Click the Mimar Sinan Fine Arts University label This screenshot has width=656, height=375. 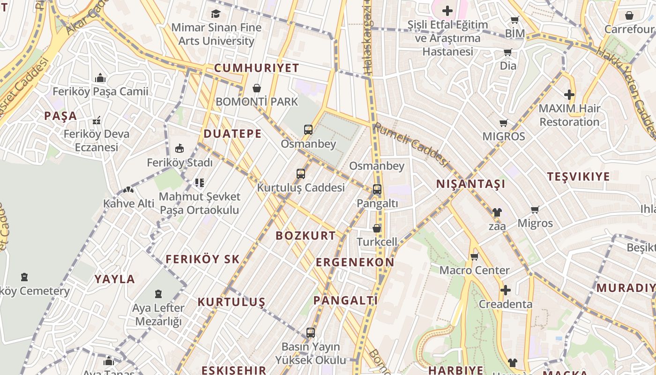(216, 34)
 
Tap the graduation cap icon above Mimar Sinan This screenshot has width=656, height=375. (216, 14)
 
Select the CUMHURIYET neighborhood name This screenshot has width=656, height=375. (256, 68)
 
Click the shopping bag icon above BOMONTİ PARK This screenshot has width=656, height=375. (257, 88)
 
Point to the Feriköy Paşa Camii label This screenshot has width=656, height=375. (100, 91)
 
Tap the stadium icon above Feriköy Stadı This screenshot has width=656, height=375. (179, 149)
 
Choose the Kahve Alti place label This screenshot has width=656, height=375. (128, 203)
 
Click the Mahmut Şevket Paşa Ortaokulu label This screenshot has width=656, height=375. (200, 203)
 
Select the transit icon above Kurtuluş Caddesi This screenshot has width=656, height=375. (301, 174)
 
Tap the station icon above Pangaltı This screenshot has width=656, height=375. (377, 189)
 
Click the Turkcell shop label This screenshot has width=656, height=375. (377, 242)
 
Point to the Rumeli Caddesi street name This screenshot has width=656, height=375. (411, 144)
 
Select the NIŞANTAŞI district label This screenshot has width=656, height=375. (470, 184)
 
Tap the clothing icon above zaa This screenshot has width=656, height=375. (497, 212)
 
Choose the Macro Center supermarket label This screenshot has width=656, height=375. (474, 270)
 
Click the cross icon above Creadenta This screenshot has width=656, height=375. (505, 290)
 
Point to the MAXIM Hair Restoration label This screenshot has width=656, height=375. (569, 115)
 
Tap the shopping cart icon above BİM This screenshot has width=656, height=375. (514, 20)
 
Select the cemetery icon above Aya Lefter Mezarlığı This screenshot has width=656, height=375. (158, 294)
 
